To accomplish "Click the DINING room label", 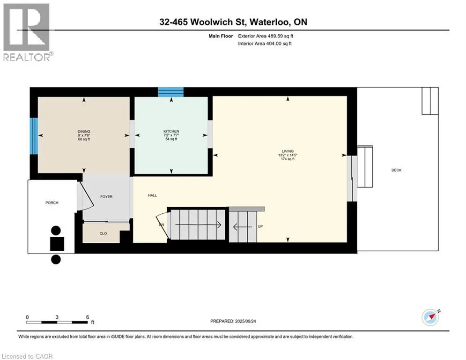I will pos(84,132).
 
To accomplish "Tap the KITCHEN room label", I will pos(171,131).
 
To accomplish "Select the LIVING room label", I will pos(281,151).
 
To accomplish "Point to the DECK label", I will pos(397,170).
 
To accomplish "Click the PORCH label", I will pos(52,202).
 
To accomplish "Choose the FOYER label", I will pos(106,197).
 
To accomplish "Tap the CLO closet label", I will pos(104,233).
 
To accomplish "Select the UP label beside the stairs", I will pos(260,226).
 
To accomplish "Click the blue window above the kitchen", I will pos(170,92).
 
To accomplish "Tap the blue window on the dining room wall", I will pos(34,135).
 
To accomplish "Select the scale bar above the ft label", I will pos(57,322).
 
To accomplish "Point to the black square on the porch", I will pos(57,244).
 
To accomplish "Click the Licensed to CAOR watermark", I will pos(28,356).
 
